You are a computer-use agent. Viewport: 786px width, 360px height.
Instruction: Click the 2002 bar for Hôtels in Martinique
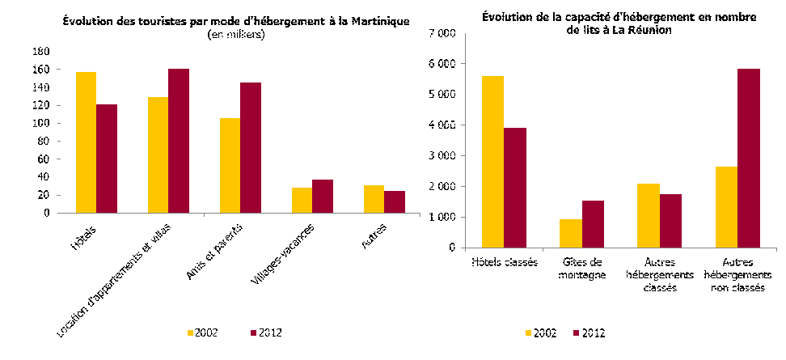tap(86, 142)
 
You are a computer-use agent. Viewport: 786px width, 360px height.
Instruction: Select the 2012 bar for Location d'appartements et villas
tap(179, 141)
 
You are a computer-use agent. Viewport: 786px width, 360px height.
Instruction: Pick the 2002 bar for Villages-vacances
tap(302, 201)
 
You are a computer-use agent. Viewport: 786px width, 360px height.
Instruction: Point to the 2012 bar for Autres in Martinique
tap(395, 202)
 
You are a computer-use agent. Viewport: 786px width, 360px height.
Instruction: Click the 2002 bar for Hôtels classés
tap(492, 162)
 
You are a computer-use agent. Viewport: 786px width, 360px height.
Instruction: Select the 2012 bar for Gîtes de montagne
tap(593, 224)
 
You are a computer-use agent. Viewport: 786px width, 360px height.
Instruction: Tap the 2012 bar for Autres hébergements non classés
tap(749, 159)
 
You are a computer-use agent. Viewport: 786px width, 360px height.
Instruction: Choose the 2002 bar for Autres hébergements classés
tap(648, 216)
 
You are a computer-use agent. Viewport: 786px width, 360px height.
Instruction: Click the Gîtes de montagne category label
tap(582, 269)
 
